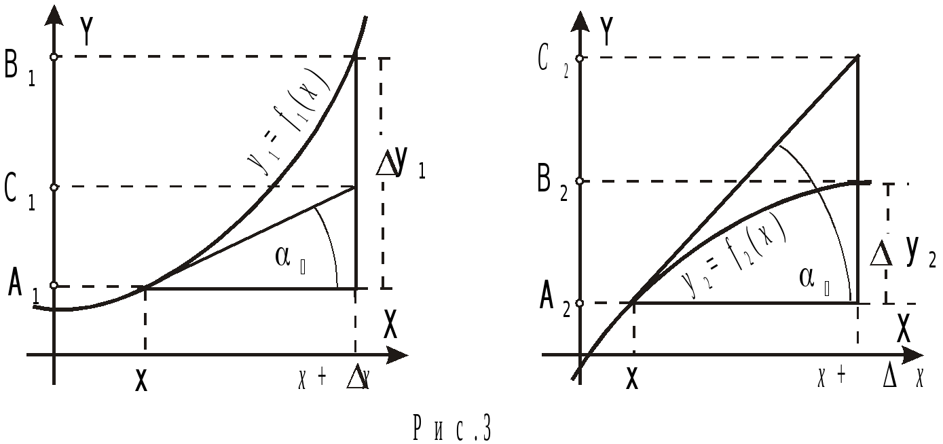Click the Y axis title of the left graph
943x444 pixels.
(86, 31)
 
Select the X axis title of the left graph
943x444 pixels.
(390, 325)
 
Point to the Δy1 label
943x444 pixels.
(401, 167)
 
